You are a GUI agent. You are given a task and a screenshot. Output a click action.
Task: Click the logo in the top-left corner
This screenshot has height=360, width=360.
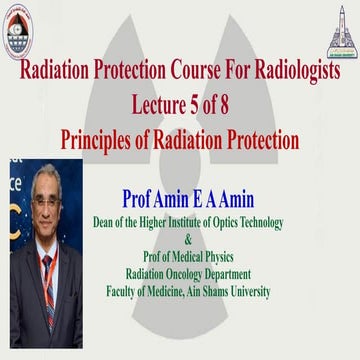22,23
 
